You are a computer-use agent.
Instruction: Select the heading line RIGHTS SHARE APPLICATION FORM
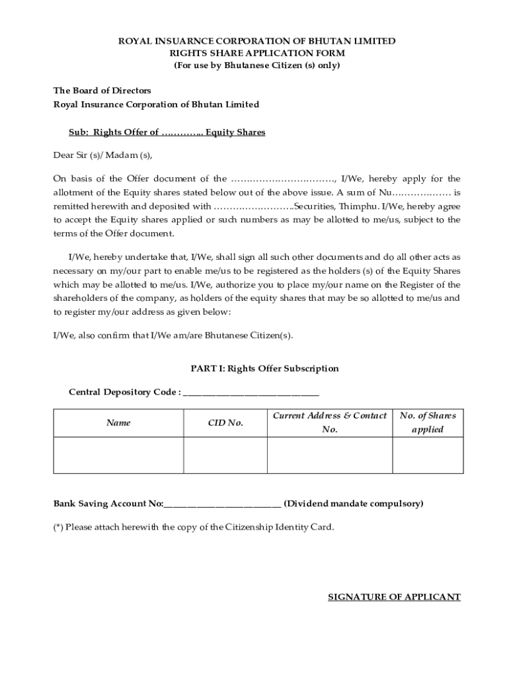(257, 53)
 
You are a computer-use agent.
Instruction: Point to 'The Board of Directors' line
(102, 90)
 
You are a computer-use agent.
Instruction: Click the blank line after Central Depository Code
(251, 393)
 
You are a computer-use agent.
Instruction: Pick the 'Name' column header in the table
(118, 422)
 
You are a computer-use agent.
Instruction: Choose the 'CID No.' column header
(225, 422)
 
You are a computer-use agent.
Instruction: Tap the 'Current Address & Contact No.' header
(329, 422)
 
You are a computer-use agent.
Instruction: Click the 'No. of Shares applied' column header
(428, 422)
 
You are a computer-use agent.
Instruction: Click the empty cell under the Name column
(118, 455)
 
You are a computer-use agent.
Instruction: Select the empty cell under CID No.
(225, 455)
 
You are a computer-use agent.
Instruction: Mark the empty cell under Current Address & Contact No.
(329, 455)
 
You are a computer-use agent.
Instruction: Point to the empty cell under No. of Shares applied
(428, 455)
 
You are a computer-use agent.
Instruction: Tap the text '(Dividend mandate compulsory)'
(354, 504)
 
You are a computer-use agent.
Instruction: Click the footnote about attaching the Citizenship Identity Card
(194, 527)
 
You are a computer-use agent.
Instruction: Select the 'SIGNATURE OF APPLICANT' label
(394, 597)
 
